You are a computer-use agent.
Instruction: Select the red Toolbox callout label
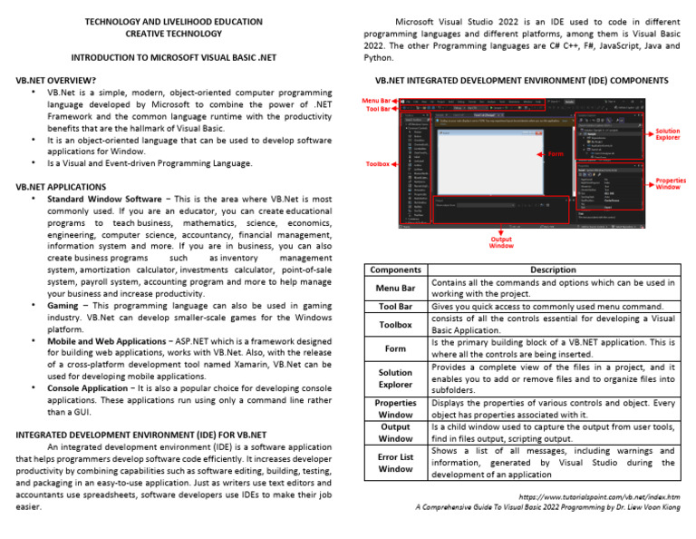tap(377, 164)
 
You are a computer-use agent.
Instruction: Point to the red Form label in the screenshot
tap(556, 154)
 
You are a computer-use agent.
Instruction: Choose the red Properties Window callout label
tap(670, 184)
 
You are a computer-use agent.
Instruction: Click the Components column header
tap(395, 269)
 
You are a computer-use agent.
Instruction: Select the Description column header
tap(553, 269)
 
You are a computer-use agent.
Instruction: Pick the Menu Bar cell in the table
tap(395, 289)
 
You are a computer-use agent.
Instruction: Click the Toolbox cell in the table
tap(395, 324)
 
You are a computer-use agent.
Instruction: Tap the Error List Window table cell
tap(395, 463)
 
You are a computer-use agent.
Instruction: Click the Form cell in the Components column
tap(395, 348)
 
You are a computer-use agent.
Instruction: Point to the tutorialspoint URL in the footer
tap(599, 497)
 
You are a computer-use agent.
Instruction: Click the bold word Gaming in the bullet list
tap(63, 307)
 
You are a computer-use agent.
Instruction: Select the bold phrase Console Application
tap(90, 388)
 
